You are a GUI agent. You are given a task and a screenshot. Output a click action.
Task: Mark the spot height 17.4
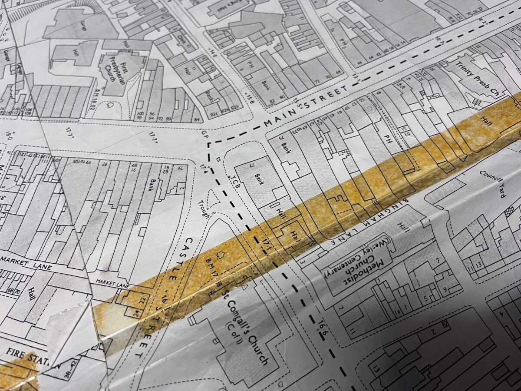click(205, 167)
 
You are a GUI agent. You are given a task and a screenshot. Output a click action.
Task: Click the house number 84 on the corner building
click(198, 120)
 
